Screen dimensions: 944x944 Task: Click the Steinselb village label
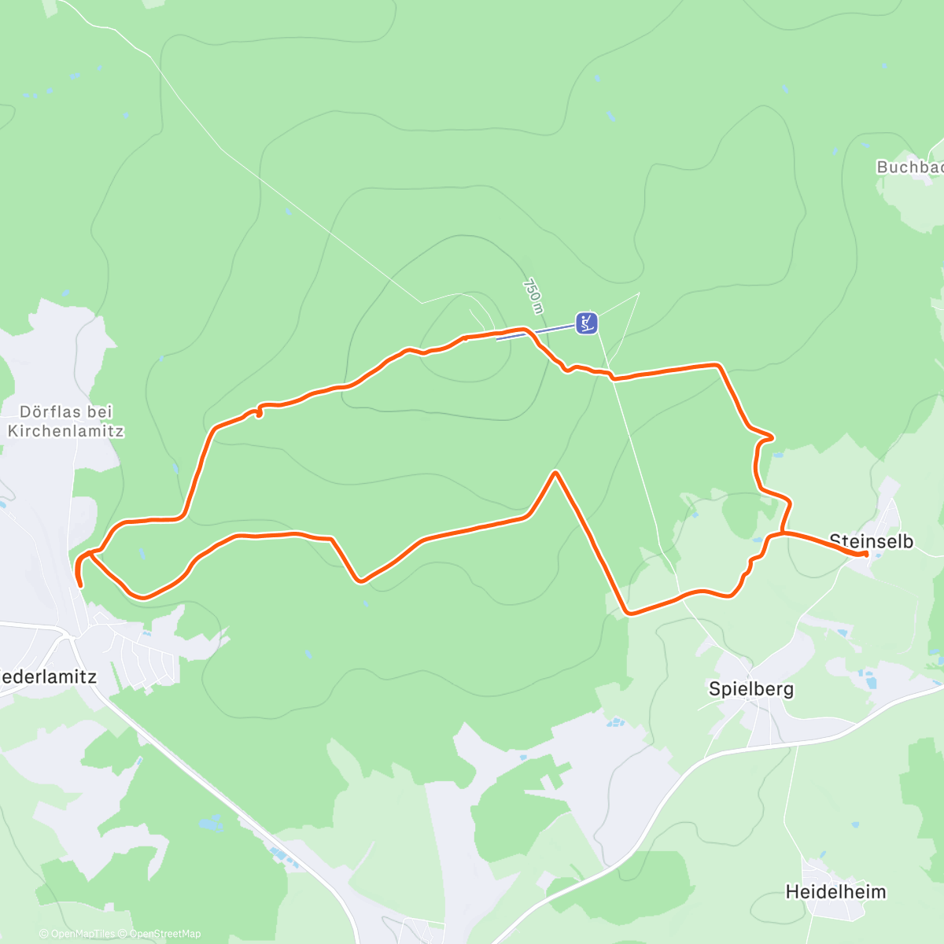pyautogui.click(x=872, y=541)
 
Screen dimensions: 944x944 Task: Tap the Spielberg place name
pyautogui.click(x=751, y=689)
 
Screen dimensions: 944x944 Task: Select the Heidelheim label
pyautogui.click(x=835, y=892)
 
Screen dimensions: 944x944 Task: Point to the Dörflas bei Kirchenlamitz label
pyautogui.click(x=66, y=421)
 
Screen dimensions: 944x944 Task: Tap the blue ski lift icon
pyautogui.click(x=586, y=323)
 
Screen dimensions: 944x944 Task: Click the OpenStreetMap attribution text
pyautogui.click(x=164, y=934)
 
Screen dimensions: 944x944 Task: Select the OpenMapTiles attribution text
pyautogui.click(x=83, y=934)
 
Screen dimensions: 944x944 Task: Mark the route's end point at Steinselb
pyautogui.click(x=866, y=554)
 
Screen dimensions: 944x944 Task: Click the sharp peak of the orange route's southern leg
pyautogui.click(x=555, y=473)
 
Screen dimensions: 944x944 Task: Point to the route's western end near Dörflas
pyautogui.click(x=80, y=585)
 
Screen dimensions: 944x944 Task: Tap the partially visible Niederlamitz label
pyautogui.click(x=47, y=677)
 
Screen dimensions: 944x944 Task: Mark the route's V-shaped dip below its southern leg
pyautogui.click(x=360, y=581)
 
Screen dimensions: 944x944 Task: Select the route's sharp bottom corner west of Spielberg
pyautogui.click(x=626, y=613)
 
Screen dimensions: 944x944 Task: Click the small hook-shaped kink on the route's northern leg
pyautogui.click(x=258, y=411)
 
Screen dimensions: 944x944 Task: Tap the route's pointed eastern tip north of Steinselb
pyautogui.click(x=773, y=437)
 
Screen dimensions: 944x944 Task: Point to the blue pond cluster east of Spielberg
pyautogui.click(x=865, y=677)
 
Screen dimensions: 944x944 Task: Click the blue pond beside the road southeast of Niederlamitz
pyautogui.click(x=211, y=824)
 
